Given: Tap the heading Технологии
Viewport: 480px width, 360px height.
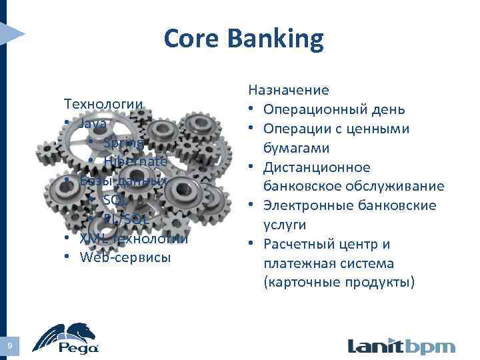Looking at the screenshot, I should [103, 104].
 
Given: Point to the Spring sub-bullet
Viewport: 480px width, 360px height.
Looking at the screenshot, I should [123, 143].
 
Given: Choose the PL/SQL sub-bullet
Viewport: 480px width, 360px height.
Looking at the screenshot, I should [126, 219].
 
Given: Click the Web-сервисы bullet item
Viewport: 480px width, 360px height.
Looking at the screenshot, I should [125, 257].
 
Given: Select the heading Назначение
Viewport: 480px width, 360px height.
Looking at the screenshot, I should [289, 89].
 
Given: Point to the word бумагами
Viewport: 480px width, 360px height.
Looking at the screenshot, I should [297, 147].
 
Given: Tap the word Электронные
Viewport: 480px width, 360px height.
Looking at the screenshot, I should [309, 205].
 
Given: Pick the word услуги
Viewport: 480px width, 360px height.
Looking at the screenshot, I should [285, 225].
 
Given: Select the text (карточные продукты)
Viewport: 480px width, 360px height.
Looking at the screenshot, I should [339, 283].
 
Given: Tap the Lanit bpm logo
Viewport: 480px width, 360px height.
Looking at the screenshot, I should [401, 346].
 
